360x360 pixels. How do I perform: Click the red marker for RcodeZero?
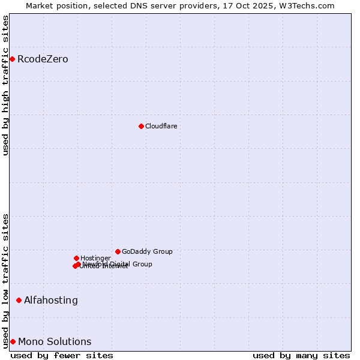point(12,59)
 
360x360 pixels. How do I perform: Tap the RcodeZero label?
point(43,59)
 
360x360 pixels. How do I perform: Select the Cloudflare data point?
point(141,126)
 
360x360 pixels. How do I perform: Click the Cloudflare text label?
point(161,126)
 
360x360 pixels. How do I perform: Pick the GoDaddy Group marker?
point(118,251)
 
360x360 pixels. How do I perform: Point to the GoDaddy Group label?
point(147,251)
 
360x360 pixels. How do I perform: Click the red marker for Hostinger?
point(76,258)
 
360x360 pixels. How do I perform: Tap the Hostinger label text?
point(95,258)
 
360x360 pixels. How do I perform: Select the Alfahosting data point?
point(19,300)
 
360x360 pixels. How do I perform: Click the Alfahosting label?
point(51,300)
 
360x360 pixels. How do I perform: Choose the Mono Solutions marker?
point(13,341)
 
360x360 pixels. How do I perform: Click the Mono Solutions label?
point(55,341)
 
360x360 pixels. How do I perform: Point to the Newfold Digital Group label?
point(120,263)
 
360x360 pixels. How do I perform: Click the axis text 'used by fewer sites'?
point(62,355)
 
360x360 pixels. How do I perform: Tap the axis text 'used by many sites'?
point(301,355)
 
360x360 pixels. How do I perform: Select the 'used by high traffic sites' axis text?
point(6,85)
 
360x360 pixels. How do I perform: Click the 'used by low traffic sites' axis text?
point(6,281)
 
